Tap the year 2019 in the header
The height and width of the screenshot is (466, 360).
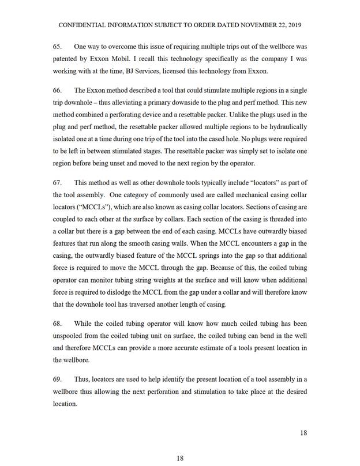(x=293, y=26)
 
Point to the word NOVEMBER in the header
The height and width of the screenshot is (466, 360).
(x=238, y=26)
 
